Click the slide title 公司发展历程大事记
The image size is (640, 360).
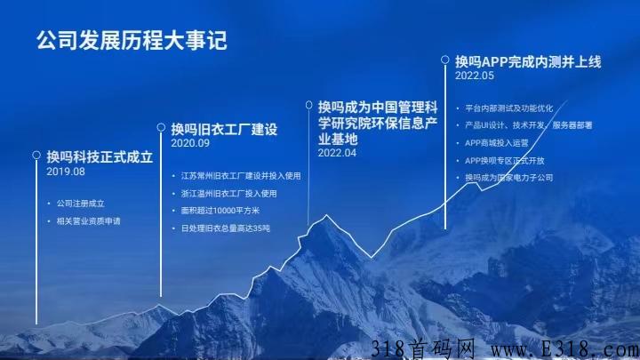point(132,40)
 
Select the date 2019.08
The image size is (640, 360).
point(66,172)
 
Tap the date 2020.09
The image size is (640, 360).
point(190,143)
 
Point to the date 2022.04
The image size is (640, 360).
point(337,153)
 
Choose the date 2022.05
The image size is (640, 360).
point(475,76)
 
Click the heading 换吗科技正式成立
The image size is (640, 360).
point(100,156)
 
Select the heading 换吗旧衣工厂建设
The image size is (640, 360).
point(224,129)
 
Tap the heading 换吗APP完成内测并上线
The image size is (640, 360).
point(528,61)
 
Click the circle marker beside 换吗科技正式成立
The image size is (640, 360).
point(36,155)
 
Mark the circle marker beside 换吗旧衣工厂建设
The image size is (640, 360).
point(161,127)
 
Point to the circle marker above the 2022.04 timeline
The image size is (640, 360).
point(309,105)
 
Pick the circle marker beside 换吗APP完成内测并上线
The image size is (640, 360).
point(445,60)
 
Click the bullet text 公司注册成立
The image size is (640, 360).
point(80,204)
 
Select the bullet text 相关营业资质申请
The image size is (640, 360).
point(89,221)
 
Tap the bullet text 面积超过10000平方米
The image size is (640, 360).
point(220,211)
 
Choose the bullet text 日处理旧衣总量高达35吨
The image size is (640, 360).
point(225,228)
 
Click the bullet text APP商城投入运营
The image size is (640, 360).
point(496,143)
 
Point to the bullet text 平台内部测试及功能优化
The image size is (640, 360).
point(509,108)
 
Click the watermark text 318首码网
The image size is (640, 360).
point(423,349)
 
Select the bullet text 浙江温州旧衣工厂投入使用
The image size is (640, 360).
point(229,194)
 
